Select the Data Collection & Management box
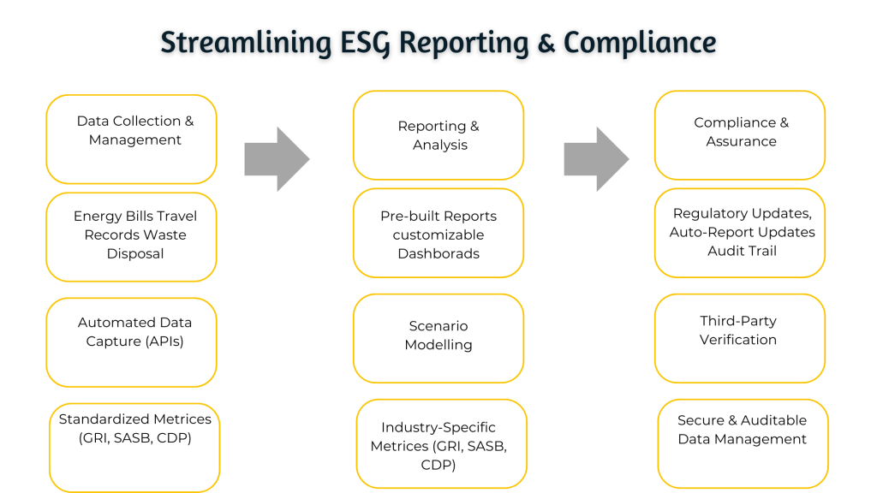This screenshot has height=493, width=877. click(x=131, y=139)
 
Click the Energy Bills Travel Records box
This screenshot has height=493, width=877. click(x=131, y=236)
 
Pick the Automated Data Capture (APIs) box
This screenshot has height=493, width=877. click(x=131, y=342)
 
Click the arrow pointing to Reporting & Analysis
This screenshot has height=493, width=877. click(x=276, y=158)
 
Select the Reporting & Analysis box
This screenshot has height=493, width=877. click(x=438, y=135)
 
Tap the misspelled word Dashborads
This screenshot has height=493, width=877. click(x=438, y=253)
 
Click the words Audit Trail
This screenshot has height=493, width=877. click(x=742, y=251)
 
